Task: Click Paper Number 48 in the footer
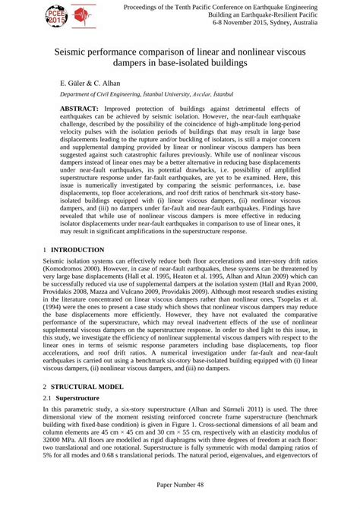pyautogui.click(x=180, y=503)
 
